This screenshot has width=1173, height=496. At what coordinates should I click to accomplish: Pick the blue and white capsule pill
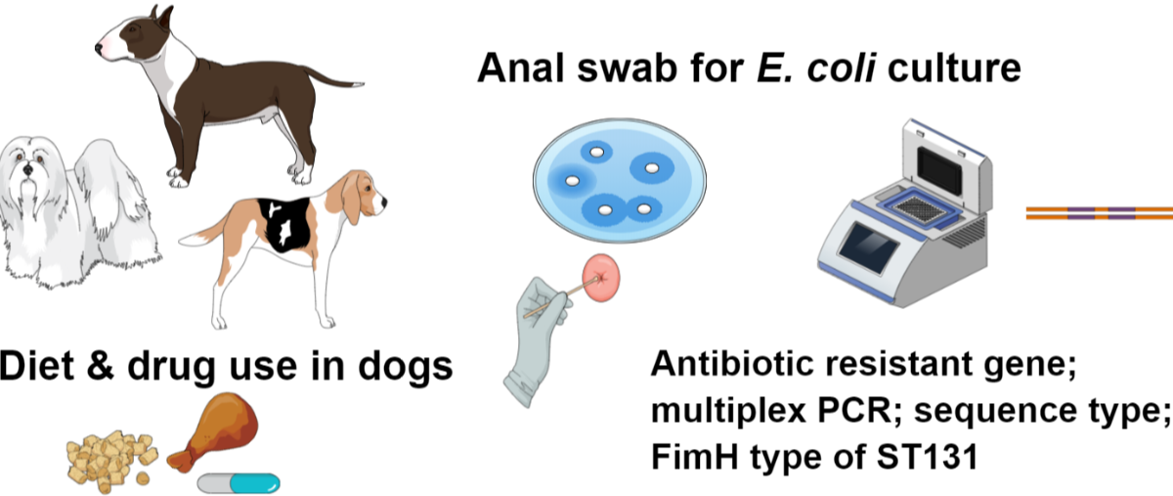point(239,483)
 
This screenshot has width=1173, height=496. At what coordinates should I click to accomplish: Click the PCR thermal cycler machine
point(909,205)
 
